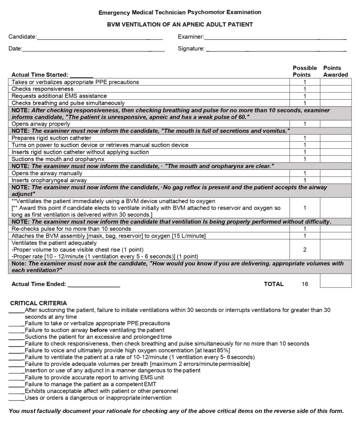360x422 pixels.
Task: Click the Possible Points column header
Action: click(305, 71)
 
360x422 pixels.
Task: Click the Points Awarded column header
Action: click(335, 71)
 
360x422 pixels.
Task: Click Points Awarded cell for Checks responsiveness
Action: click(336, 89)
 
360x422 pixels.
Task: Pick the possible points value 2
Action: click(305, 249)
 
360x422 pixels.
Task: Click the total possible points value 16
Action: click(305, 284)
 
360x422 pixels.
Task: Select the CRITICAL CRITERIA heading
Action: click(38, 303)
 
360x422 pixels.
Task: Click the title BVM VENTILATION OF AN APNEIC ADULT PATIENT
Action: click(180, 25)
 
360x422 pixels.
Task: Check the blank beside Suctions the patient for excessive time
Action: click(16, 337)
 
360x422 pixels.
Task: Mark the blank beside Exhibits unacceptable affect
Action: click(16, 391)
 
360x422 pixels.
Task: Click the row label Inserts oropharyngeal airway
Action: click(49, 181)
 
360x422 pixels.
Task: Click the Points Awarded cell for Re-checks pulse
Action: click(336, 229)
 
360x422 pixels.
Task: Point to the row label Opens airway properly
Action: click(41, 124)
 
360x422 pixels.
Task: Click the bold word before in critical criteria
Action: click(98, 330)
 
